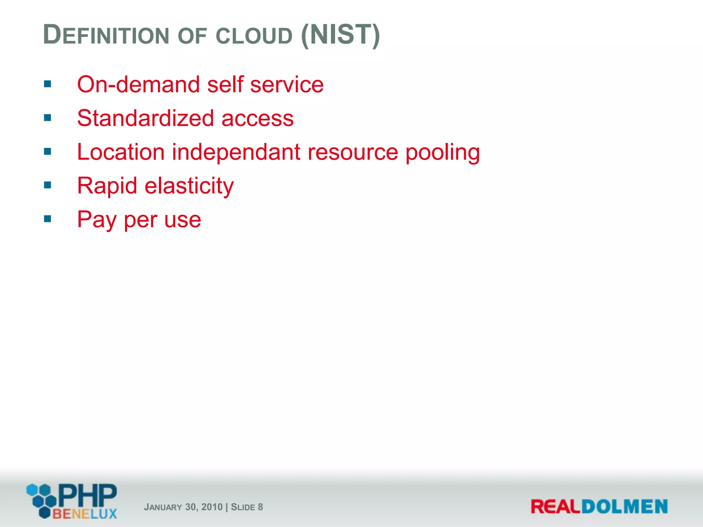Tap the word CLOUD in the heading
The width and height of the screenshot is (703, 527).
coord(254,35)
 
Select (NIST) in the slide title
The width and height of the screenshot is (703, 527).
coord(340,35)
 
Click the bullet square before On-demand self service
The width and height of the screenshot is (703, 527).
coord(48,84)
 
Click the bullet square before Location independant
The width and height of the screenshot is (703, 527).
coord(48,151)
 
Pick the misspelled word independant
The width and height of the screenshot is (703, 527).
coord(236,152)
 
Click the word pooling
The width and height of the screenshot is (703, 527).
coord(442,152)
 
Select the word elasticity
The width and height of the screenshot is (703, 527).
coord(189,186)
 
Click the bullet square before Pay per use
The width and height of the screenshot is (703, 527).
coord(48,219)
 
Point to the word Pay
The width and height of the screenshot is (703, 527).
coord(96,219)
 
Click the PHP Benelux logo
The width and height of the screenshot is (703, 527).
coord(72,501)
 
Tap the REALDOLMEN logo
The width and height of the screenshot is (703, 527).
coord(599,506)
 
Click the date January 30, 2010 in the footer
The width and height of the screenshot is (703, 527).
coord(183,507)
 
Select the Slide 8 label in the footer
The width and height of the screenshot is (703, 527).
coord(247,507)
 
